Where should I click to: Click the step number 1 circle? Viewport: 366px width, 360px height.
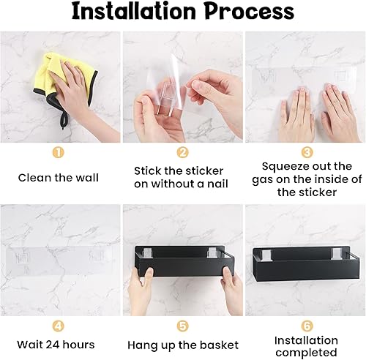pos(58,153)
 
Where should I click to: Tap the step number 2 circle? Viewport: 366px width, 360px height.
pos(183,153)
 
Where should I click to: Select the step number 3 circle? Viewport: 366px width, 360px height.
pos(307,153)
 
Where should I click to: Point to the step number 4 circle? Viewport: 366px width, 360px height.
pos(58,326)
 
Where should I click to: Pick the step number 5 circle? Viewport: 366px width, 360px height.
pos(183,326)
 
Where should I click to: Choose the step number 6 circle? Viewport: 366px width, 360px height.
pos(307,326)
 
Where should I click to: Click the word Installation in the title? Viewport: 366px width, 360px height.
pos(134,11)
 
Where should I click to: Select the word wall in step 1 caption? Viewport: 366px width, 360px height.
pos(87,178)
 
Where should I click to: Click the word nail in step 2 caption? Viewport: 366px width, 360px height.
pos(217,184)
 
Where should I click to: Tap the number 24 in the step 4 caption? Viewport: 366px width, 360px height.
pos(53,345)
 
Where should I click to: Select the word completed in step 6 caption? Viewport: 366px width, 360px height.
pos(306,353)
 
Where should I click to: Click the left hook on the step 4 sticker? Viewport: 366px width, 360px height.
pos(22,258)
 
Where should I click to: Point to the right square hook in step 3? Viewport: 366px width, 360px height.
pos(340,76)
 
